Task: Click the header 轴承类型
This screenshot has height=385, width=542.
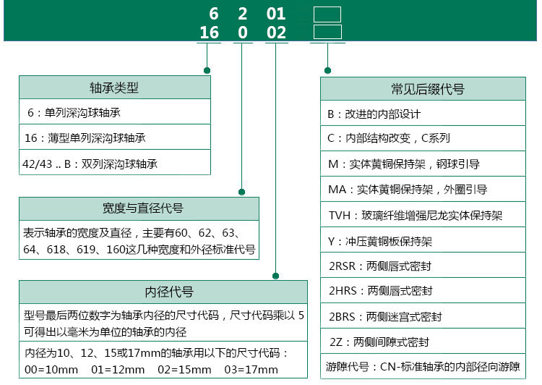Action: [x=114, y=88]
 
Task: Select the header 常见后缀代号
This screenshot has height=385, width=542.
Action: [x=428, y=89]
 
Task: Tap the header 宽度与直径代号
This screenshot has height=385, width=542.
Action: [x=143, y=208]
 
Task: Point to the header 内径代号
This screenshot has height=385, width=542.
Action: [x=169, y=292]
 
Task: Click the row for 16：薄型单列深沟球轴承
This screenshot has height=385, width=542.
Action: [x=85, y=137]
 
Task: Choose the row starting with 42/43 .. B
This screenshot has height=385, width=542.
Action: [x=90, y=164]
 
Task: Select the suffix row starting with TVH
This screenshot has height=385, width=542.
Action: [x=416, y=215]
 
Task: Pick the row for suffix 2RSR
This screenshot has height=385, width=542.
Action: [x=380, y=266]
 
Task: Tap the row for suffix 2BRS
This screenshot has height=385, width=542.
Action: [x=385, y=316]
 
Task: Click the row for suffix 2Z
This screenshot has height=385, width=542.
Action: [x=379, y=342]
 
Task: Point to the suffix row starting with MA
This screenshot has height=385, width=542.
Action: [x=408, y=190]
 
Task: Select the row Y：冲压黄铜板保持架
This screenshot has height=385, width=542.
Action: [x=380, y=241]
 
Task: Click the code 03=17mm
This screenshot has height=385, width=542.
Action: [x=251, y=369]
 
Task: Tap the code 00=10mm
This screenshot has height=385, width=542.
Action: [x=51, y=369]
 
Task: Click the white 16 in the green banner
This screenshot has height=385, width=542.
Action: [x=209, y=33]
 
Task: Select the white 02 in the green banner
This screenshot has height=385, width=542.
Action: [x=276, y=33]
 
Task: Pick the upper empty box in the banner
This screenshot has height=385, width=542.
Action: [x=327, y=14]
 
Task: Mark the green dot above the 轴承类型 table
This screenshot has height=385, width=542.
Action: [x=207, y=71]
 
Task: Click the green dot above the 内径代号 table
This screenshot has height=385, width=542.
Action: [x=275, y=276]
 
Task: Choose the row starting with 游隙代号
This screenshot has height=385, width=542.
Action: [x=423, y=366]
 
